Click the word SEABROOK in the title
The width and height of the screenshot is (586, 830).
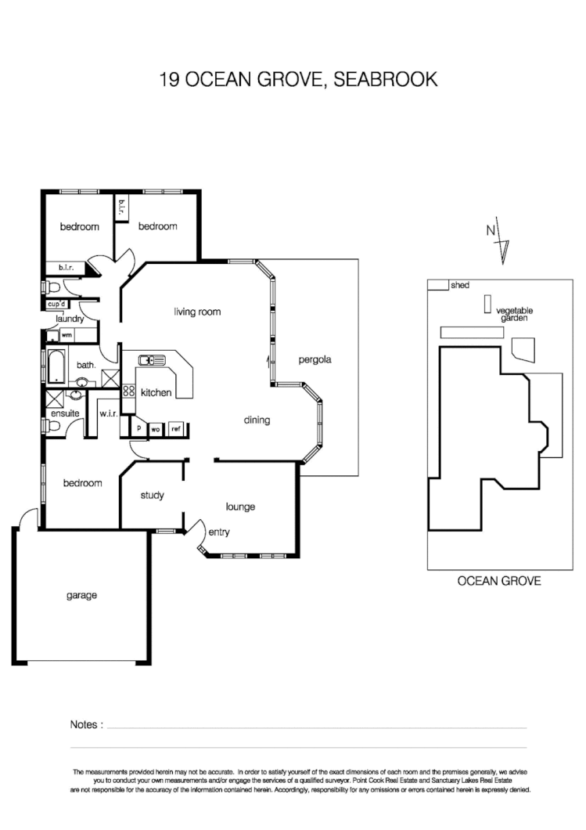[x=386, y=79]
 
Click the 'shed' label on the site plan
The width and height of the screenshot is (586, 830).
[x=459, y=286]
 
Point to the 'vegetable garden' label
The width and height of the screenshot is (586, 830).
[x=512, y=315]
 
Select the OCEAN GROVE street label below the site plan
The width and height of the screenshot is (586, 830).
[x=498, y=581]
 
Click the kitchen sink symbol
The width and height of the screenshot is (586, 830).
[x=152, y=360]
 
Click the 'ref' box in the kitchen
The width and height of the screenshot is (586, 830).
[x=176, y=429]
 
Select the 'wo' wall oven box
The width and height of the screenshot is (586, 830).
[x=156, y=429]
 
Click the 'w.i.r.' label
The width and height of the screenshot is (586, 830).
[x=107, y=413]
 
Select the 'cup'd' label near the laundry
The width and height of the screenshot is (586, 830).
[x=56, y=304]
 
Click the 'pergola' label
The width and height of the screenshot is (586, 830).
[x=315, y=360]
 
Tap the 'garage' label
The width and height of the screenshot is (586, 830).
[x=81, y=595]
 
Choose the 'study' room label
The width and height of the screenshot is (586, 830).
[x=152, y=495]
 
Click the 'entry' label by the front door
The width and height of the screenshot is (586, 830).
[x=219, y=532]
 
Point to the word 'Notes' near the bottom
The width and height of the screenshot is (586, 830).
[x=86, y=724]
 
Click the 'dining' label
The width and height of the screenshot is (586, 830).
[x=257, y=420]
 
